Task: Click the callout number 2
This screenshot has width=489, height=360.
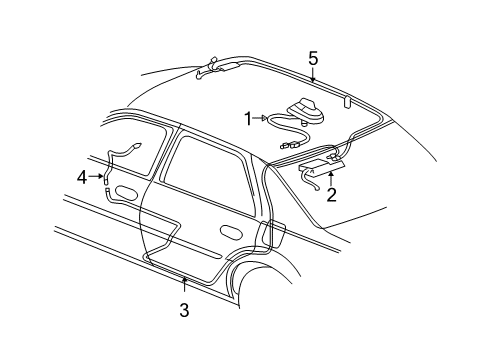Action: [331, 195]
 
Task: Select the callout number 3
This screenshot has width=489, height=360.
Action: [184, 311]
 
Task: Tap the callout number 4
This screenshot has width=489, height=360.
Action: [82, 178]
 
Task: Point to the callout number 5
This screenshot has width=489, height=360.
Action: [313, 57]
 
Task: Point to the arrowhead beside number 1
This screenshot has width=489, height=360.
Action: [265, 118]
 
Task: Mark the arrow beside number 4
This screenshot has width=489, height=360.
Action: [99, 178]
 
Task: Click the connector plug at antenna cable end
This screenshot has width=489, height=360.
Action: [288, 146]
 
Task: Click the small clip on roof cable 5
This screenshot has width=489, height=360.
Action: [345, 101]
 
